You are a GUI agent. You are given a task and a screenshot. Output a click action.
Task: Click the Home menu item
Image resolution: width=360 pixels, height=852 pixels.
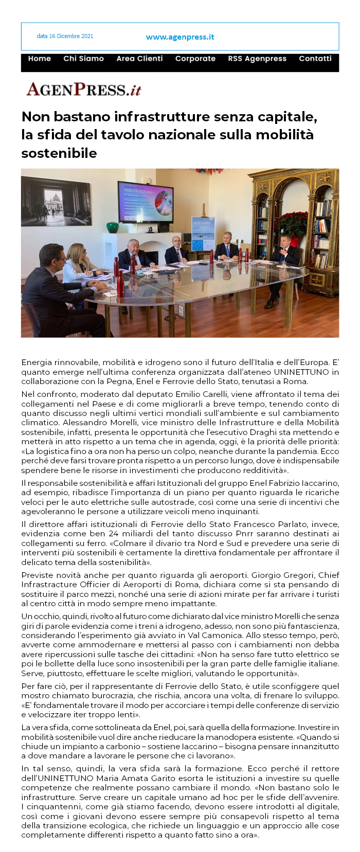(40, 59)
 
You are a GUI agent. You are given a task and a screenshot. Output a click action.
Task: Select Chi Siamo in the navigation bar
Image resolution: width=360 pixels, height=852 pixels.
(83, 59)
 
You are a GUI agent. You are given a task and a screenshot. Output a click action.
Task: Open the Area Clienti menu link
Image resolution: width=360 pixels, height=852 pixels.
(139, 59)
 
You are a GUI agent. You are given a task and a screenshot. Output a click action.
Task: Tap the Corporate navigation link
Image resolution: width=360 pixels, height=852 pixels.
(195, 59)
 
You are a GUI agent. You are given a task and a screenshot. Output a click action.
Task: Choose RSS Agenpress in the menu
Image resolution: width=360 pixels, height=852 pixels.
(257, 59)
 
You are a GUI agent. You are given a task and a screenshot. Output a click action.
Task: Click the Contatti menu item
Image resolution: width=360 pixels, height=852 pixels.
(315, 59)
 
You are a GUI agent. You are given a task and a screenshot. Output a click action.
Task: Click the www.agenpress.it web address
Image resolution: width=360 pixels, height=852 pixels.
(180, 37)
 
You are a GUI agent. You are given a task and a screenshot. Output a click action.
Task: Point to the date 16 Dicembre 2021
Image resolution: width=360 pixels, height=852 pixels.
(65, 36)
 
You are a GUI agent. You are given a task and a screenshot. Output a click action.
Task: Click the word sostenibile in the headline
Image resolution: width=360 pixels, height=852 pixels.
(59, 153)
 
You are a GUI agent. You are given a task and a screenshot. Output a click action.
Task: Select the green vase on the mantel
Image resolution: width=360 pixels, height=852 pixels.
(112, 227)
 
